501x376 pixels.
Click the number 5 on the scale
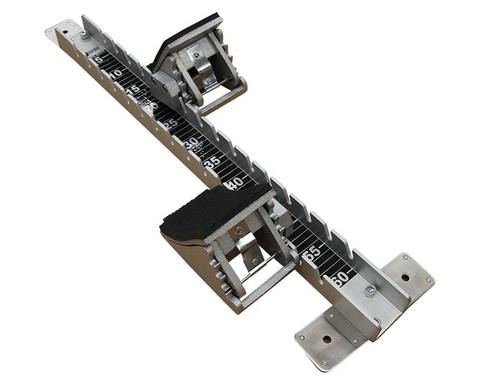click(98, 60)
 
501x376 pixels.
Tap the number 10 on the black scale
click(115, 75)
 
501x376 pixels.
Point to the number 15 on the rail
click(134, 90)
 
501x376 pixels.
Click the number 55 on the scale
click(312, 253)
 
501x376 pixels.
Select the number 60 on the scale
click(341, 278)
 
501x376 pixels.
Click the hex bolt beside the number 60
click(370, 290)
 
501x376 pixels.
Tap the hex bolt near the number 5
click(83, 34)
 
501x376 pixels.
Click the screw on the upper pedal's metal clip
click(197, 55)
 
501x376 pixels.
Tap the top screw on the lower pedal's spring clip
click(240, 232)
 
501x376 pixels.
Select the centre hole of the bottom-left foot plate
click(326, 339)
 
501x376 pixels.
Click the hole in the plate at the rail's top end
click(65, 29)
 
